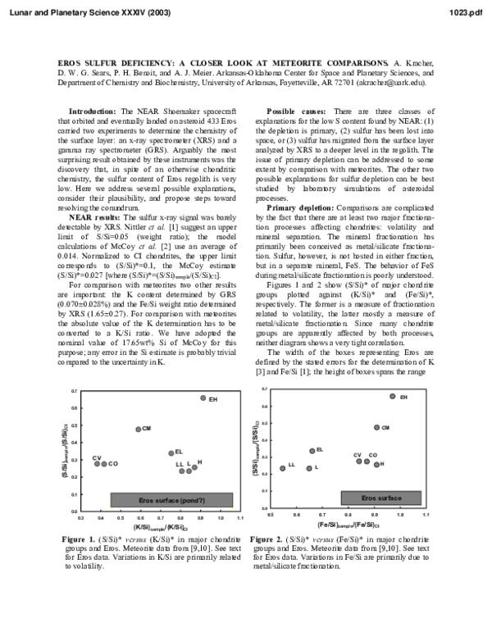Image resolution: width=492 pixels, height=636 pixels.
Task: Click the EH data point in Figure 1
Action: [x=203, y=398]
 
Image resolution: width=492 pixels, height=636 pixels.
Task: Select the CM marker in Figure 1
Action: [x=139, y=429]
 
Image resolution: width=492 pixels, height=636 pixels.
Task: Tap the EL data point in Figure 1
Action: [x=171, y=453]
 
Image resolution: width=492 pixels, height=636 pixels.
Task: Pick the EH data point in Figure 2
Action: [x=392, y=396]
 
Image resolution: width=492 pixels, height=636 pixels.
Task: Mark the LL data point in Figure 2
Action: [x=282, y=469]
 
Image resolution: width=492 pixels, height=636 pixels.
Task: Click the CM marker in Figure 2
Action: [x=376, y=427]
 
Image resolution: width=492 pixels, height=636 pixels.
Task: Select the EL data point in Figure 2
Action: [x=312, y=451]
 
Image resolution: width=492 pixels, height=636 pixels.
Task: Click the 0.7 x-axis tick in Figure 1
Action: [x=161, y=519]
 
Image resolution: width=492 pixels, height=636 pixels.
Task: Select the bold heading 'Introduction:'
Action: [x=93, y=111]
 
